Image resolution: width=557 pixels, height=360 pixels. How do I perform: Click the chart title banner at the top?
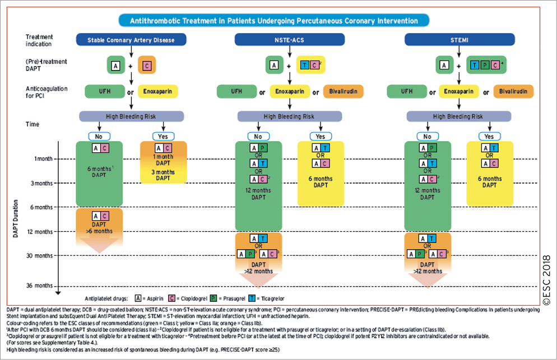[274, 21]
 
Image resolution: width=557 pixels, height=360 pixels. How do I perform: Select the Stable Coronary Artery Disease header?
[131, 40]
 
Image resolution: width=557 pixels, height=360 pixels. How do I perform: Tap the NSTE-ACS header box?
[290, 40]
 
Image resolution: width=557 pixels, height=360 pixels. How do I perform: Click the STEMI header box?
[459, 40]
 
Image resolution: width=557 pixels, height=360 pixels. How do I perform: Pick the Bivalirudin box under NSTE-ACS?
[344, 91]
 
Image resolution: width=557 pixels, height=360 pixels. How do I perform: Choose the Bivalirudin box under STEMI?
[513, 91]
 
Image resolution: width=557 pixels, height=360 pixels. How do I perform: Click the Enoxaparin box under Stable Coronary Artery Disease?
[159, 91]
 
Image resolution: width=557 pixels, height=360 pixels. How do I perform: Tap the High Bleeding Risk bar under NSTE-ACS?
[289, 116]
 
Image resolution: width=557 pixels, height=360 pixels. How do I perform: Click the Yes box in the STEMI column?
[489, 137]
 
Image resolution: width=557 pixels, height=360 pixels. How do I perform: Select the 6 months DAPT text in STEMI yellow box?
[489, 182]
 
